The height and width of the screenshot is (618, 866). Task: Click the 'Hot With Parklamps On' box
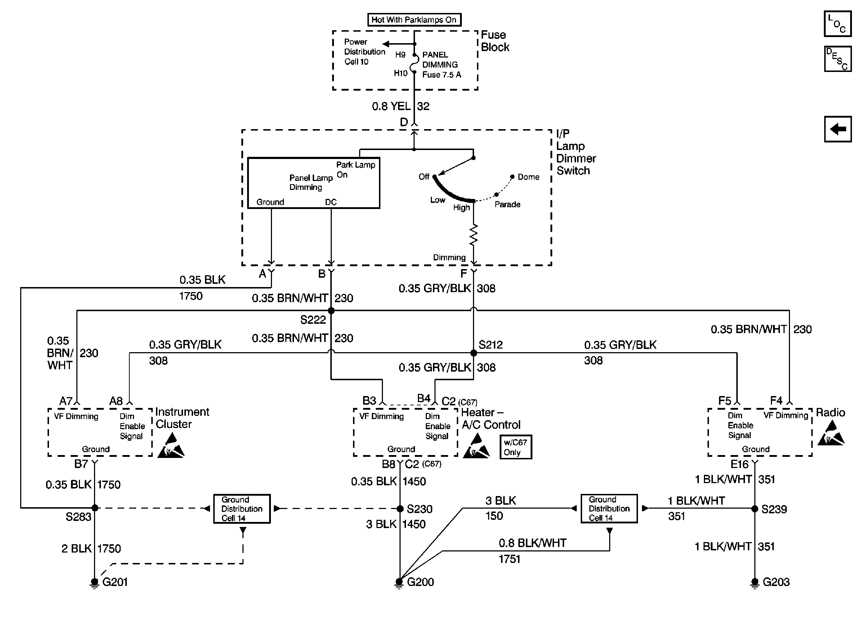414,20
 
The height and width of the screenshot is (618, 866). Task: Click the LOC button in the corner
838,24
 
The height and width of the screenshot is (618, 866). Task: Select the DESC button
838,59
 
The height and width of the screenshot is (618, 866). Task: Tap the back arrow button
838,129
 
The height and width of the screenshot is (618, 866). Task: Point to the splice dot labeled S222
331,311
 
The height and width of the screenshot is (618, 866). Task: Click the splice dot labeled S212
474,353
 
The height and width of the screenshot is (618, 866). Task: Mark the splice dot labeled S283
95,508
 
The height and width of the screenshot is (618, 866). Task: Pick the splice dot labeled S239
755,509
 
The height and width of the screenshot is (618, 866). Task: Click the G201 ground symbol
94,583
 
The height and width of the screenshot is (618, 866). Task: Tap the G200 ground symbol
399,583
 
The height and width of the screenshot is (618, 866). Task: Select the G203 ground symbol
755,583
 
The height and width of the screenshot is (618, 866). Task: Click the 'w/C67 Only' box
516,447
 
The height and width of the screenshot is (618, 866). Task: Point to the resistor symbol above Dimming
474,235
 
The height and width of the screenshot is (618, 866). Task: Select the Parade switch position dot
496,195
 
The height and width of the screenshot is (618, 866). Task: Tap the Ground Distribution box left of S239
609,509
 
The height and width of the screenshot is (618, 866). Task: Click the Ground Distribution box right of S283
242,509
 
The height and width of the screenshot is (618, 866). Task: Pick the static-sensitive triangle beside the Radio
831,434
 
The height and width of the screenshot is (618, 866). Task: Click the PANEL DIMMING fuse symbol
414,64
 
